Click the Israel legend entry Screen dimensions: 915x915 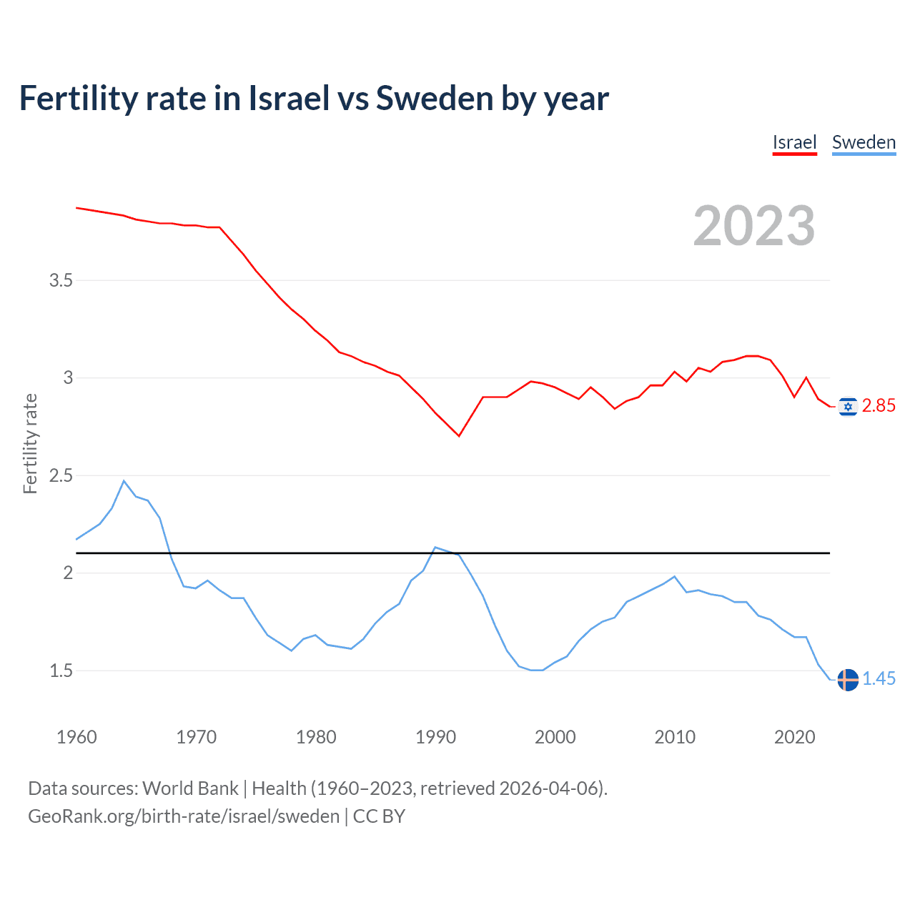pyautogui.click(x=794, y=142)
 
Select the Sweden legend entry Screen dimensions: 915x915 pyautogui.click(x=864, y=142)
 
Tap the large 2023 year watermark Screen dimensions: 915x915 pyautogui.click(x=753, y=226)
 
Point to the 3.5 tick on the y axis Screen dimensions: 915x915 pyautogui.click(x=61, y=280)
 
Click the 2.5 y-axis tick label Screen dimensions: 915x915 pyautogui.click(x=61, y=475)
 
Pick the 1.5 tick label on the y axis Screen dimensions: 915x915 pyautogui.click(x=61, y=671)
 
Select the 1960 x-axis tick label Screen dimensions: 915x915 pyautogui.click(x=76, y=737)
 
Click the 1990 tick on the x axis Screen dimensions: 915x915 pyautogui.click(x=435, y=737)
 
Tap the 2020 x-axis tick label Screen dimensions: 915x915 pyautogui.click(x=794, y=737)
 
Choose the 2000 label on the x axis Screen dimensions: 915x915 pyautogui.click(x=555, y=737)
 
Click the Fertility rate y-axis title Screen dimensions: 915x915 pyautogui.click(x=30, y=443)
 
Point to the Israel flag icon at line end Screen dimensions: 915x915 pyautogui.click(x=848, y=407)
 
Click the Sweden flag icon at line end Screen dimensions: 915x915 pyautogui.click(x=848, y=679)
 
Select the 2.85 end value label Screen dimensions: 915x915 pyautogui.click(x=879, y=406)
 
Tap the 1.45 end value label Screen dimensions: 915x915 pyautogui.click(x=879, y=679)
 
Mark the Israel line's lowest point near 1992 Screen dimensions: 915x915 pyautogui.click(x=459, y=436)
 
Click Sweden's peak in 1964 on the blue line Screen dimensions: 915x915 pyautogui.click(x=124, y=481)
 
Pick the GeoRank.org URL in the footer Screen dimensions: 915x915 pyautogui.click(x=184, y=816)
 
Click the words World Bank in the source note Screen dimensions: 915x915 pyautogui.click(x=190, y=788)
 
